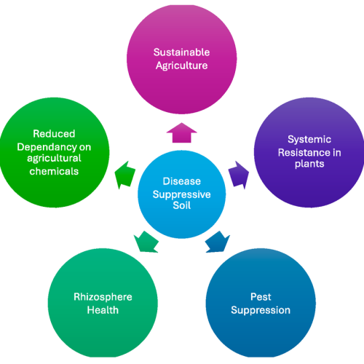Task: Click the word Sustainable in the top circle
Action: point(181,52)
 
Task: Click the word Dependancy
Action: point(48,146)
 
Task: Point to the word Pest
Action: point(261,297)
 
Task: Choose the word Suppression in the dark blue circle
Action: point(261,310)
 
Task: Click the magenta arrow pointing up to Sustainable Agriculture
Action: point(182,132)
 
